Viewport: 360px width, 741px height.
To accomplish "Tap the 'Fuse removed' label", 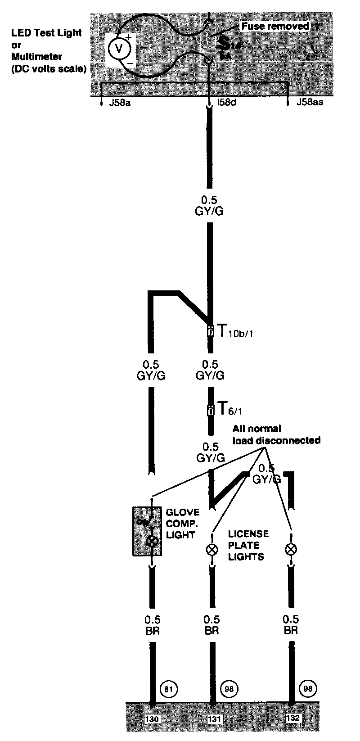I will click(x=275, y=26).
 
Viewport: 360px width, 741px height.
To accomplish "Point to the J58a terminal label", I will click(x=120, y=103).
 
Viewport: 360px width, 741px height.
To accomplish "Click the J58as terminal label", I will click(x=310, y=103).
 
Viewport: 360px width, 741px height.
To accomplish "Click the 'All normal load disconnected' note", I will click(x=276, y=434).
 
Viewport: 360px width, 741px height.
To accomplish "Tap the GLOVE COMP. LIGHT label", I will click(x=182, y=524).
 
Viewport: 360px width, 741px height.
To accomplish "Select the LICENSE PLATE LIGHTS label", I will click(x=248, y=545).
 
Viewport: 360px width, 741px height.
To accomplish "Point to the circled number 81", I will click(x=169, y=689).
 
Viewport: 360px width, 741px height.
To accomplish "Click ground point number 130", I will click(x=153, y=718).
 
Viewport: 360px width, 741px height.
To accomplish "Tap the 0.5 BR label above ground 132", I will click(x=291, y=625).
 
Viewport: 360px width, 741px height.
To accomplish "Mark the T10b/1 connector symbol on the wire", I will click(x=210, y=332).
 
